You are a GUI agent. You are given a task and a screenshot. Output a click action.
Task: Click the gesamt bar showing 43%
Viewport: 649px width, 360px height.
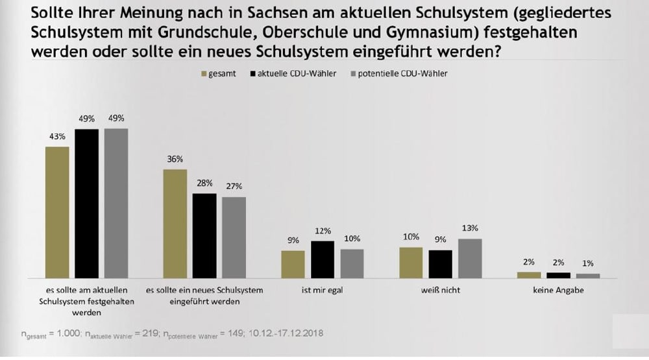[x=57, y=212]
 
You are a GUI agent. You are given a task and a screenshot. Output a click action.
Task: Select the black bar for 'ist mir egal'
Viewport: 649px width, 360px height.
[x=323, y=259]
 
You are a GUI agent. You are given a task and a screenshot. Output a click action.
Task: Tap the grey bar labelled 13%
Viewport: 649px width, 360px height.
[x=470, y=258]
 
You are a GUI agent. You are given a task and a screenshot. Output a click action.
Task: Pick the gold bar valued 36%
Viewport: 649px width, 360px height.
[x=175, y=223]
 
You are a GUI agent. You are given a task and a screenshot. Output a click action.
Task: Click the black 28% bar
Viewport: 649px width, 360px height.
[x=204, y=235]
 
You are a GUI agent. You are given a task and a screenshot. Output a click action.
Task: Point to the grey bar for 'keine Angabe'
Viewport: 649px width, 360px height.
[x=588, y=275]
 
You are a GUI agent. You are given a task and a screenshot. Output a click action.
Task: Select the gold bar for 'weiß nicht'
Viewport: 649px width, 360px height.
[x=411, y=262]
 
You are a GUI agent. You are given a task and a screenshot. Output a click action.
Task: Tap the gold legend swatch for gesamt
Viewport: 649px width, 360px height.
[x=202, y=74]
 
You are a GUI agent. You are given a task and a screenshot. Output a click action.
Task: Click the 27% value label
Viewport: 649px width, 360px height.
[x=234, y=186]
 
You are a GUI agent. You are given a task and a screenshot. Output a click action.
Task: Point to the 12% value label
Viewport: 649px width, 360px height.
[x=323, y=230]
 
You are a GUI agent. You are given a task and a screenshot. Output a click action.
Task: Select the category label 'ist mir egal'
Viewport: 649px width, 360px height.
[x=323, y=290]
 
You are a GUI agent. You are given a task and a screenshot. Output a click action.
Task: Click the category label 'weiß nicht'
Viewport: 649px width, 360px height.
[x=441, y=290]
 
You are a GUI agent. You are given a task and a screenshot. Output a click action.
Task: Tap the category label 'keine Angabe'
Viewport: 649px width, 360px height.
[x=558, y=290]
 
